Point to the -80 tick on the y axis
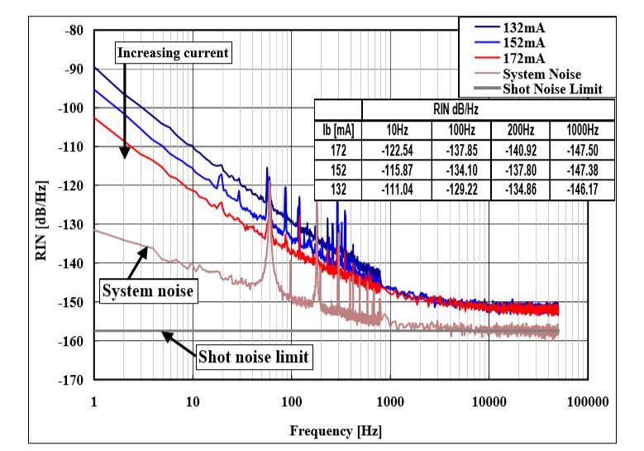click(x=74, y=31)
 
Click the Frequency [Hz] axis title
click(x=336, y=431)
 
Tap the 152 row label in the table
click(x=338, y=170)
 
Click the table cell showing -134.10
click(x=462, y=170)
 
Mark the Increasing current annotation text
click(x=173, y=53)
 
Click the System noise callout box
click(x=147, y=290)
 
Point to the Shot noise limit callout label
click(x=253, y=357)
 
